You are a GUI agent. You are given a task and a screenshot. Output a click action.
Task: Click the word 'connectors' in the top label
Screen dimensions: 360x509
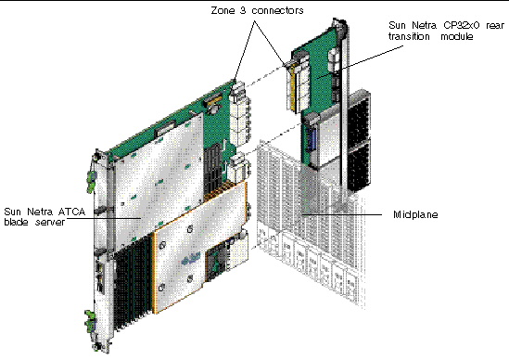coord(274,9)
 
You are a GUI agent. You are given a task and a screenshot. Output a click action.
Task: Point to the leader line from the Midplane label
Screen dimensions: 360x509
coord(343,215)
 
